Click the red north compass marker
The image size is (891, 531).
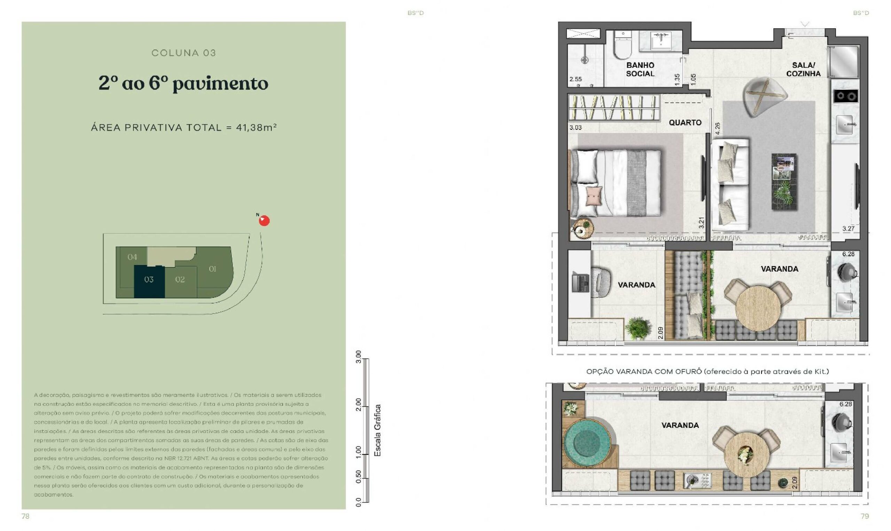point(264,221)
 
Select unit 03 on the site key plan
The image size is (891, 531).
point(149,282)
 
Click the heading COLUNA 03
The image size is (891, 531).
point(183,53)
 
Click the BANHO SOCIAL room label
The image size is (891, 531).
point(640,69)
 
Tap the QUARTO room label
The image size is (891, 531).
point(685,122)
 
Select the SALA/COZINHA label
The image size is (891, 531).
point(803,69)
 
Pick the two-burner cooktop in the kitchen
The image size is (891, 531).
point(845,96)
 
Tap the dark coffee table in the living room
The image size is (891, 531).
point(784,182)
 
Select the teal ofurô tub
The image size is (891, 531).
point(587,443)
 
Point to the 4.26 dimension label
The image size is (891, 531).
point(717,128)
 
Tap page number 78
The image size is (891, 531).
point(25,516)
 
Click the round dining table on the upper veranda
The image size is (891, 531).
point(758,308)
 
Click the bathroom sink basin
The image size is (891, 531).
point(661,40)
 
